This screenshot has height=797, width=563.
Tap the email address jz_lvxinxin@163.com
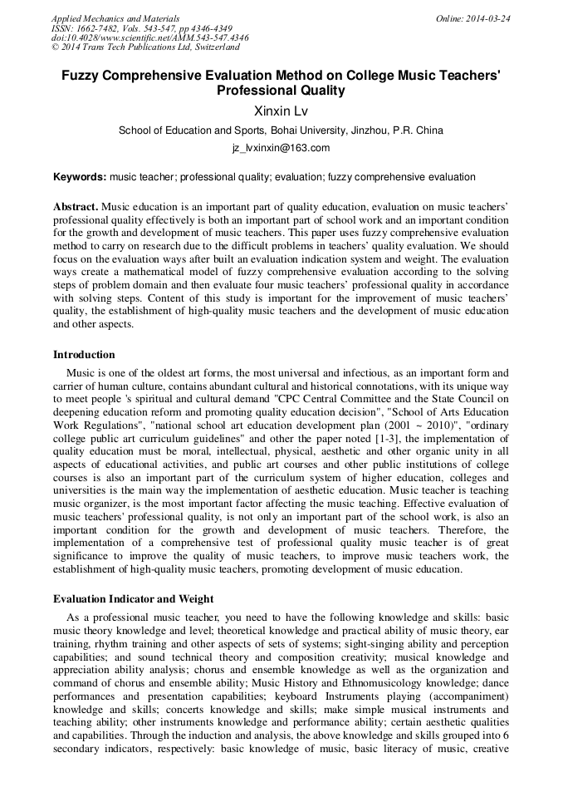pos(281,148)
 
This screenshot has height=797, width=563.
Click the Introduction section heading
pos(84,355)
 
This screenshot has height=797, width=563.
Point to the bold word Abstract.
pos(76,206)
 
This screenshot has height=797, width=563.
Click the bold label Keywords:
pos(80,177)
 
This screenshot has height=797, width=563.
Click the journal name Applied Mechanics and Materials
pos(115,18)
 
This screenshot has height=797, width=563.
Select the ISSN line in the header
pos(141,28)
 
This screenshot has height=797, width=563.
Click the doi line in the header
pos(149,38)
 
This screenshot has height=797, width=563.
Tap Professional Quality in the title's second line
pos(281,90)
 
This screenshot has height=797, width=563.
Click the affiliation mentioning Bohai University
pos(281,130)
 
